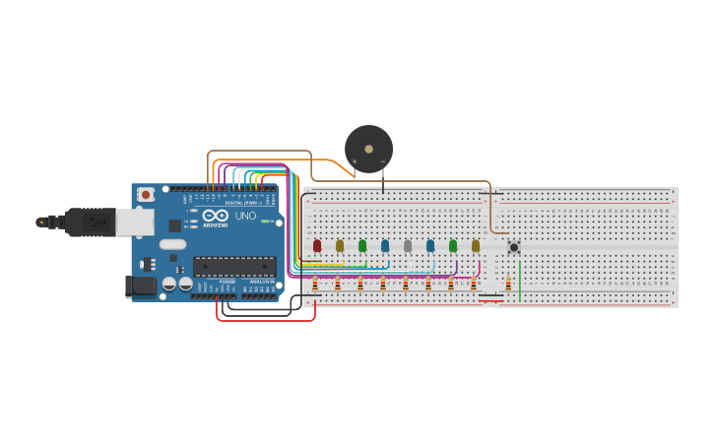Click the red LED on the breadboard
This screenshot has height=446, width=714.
point(317,245)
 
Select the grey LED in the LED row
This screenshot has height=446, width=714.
point(408,245)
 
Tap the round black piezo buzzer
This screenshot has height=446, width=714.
point(368,149)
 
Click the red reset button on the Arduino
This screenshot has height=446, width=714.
point(146,195)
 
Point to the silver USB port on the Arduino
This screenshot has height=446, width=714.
point(134,222)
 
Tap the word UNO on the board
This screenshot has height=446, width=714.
point(245,216)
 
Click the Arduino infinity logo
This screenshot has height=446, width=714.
point(217,215)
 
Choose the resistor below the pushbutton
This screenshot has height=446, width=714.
point(508,285)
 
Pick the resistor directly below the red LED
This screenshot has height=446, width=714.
point(315,285)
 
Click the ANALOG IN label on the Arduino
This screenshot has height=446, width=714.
point(261,282)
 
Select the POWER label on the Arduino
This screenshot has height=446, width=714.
point(227,282)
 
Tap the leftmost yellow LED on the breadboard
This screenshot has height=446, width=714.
point(340,245)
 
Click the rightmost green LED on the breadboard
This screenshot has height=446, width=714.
point(453,245)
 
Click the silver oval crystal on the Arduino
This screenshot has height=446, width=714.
point(171,244)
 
